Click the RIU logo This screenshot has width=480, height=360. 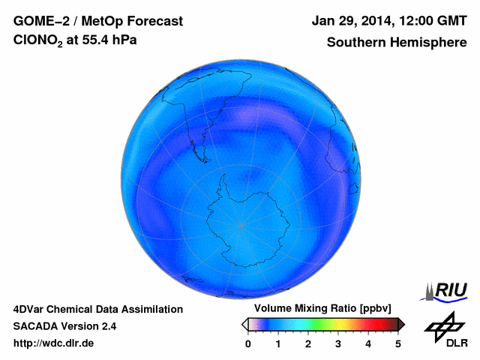coord(448,290)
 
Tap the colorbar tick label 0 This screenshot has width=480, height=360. coord(248,343)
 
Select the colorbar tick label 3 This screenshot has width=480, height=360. coord(338,343)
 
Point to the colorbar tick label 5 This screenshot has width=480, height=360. coord(398,343)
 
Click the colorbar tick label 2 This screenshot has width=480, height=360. coord(308,343)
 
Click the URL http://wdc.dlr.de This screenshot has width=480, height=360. coord(54,343)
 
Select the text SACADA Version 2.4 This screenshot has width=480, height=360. coord(64,326)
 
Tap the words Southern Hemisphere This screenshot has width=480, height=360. coord(397,43)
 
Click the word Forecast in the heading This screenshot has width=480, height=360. coord(151,21)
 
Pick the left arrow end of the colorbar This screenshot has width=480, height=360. coord(244,324)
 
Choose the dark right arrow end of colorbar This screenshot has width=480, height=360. coord(401,324)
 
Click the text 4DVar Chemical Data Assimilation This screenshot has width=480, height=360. coord(97,309)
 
